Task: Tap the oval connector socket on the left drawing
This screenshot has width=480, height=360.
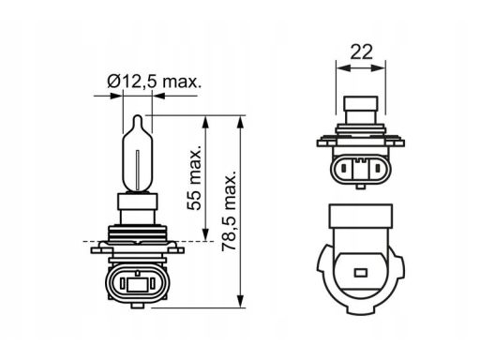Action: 138,282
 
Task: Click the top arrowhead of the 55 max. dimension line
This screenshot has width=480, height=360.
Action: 208,121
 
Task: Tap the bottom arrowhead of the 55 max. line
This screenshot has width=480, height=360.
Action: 208,238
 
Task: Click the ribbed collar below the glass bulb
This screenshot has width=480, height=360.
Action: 138,226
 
